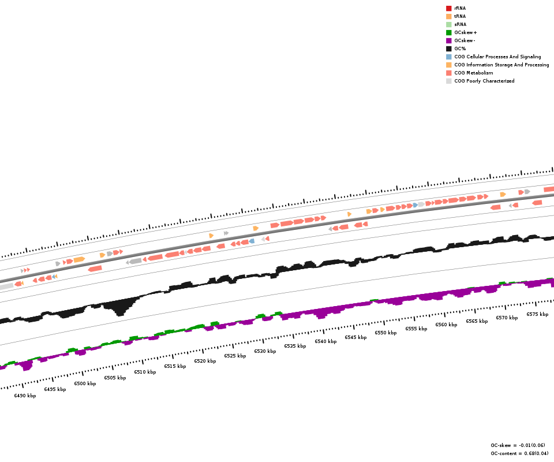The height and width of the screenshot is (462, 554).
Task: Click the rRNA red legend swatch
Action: pyautogui.click(x=448, y=8)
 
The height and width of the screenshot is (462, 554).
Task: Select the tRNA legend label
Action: pyautogui.click(x=460, y=16)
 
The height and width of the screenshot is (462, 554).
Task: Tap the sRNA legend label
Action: pyautogui.click(x=460, y=24)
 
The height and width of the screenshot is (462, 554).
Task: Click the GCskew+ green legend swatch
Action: pyautogui.click(x=448, y=32)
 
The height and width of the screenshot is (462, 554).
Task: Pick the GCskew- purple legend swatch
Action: pyautogui.click(x=448, y=40)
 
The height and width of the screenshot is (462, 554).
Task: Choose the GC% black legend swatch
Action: pyautogui.click(x=448, y=49)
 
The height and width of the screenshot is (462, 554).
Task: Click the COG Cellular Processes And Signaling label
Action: pyautogui.click(x=497, y=57)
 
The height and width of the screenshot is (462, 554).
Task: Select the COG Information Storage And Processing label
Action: pyautogui.click(x=501, y=65)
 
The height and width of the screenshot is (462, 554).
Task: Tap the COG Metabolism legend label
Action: pyautogui.click(x=473, y=73)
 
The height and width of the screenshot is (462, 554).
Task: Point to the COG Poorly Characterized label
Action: pyautogui.click(x=484, y=81)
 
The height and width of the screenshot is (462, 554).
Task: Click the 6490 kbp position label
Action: pyautogui.click(x=25, y=396)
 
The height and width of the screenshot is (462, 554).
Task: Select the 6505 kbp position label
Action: pyautogui.click(x=115, y=378)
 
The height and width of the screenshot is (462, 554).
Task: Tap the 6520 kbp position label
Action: pyautogui.click(x=205, y=361)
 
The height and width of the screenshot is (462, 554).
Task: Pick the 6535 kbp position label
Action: pyautogui.click(x=295, y=346)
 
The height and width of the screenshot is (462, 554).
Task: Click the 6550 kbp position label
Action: pyautogui.click(x=385, y=333)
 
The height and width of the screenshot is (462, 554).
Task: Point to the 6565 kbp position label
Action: pyautogui.click(x=477, y=321)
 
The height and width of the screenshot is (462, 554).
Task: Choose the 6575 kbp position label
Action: pyautogui.click(x=537, y=314)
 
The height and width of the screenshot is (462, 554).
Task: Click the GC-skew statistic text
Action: pyautogui.click(x=518, y=445)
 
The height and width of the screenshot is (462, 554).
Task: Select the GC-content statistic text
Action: pyautogui.click(x=519, y=453)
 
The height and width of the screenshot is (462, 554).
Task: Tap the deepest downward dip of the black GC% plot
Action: pyautogui.click(x=120, y=314)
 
